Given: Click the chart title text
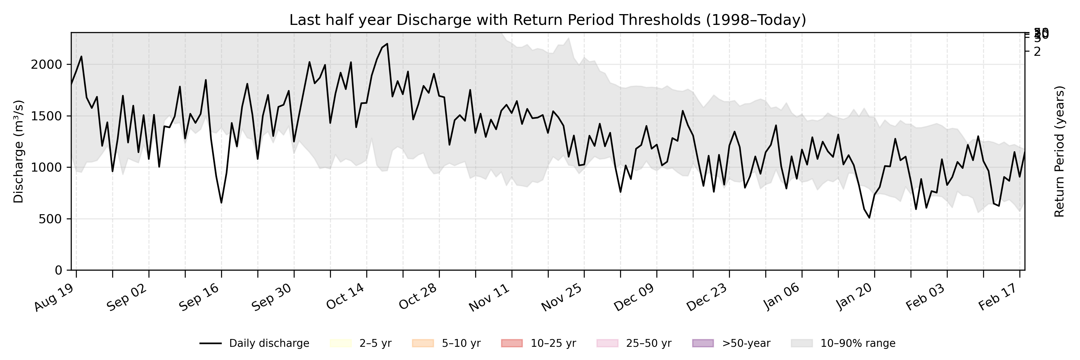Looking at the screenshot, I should (547, 20).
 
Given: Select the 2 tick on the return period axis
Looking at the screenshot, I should (1037, 52).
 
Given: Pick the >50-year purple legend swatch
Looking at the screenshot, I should (702, 343).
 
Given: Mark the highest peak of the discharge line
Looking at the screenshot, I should (387, 43).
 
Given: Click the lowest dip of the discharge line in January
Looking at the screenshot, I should (869, 217).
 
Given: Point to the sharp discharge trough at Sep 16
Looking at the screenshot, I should (221, 203).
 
